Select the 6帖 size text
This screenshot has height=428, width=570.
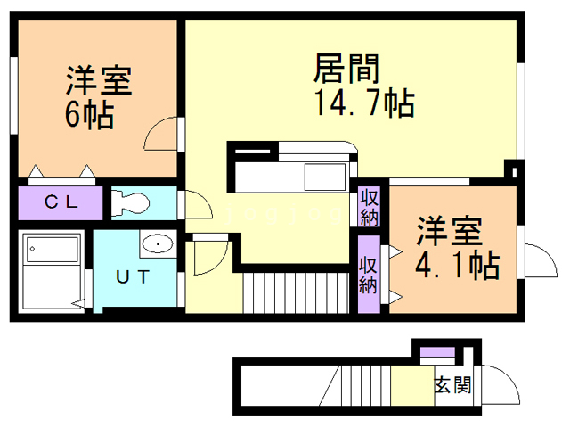pyautogui.click(x=89, y=116)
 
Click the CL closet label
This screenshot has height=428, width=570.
pyautogui.click(x=61, y=202)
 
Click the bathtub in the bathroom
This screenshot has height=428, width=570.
pyautogui.click(x=52, y=249)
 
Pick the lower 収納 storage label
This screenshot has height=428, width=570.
pyautogui.click(x=369, y=275)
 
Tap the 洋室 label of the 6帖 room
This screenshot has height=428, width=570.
pyautogui.click(x=98, y=82)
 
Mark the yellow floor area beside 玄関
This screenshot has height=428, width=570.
pyautogui.click(x=409, y=386)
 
